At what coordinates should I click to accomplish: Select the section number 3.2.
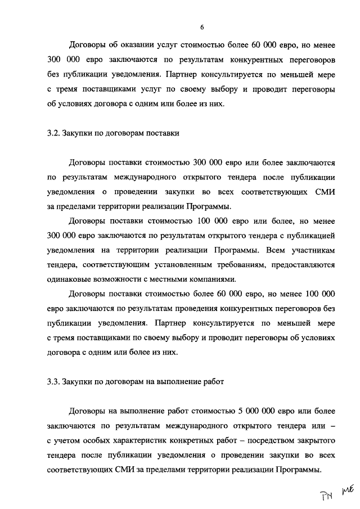53,133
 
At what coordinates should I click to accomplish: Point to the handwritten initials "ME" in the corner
349,491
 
